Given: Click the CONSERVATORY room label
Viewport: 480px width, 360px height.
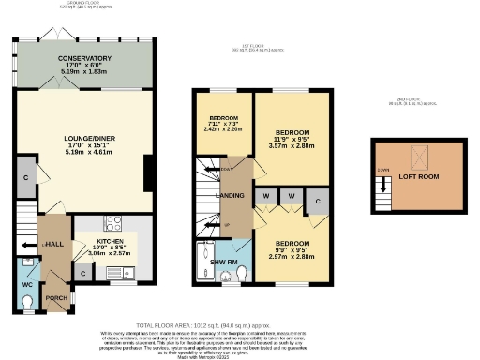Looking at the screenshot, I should (83, 57).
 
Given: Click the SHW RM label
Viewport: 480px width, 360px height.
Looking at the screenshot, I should (223, 261).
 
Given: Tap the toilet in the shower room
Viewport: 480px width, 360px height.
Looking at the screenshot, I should (241, 272).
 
